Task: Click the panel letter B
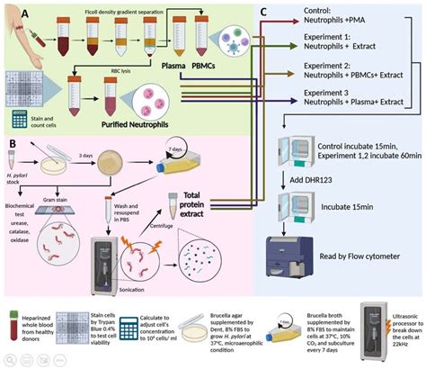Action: point(12,141)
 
